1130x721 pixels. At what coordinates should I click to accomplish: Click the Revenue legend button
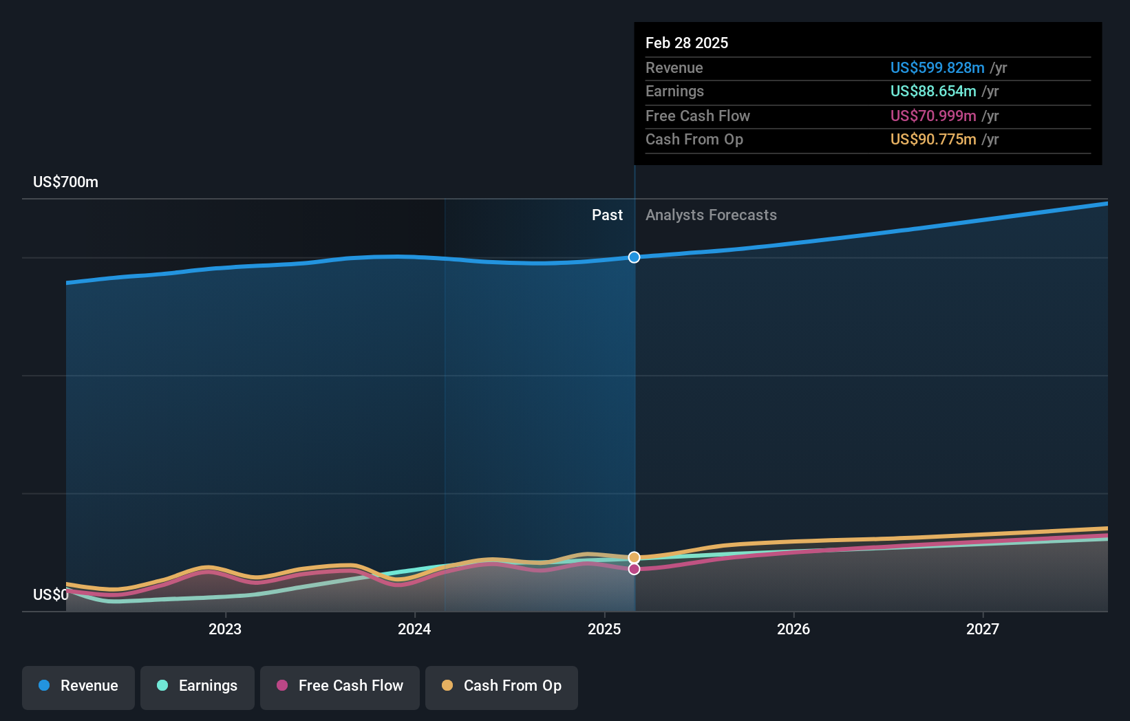78,687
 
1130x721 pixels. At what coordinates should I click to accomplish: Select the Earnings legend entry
198,687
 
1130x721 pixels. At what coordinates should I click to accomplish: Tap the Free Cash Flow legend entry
340,687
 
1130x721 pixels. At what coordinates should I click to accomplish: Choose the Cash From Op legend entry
502,687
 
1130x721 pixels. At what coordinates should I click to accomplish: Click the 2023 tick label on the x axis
225,629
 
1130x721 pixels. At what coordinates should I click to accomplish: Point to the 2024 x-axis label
414,629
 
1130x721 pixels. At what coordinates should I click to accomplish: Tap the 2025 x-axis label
604,629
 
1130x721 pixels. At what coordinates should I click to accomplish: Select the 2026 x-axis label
793,629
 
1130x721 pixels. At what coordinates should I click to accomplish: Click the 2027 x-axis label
983,629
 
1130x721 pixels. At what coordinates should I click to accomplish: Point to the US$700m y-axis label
66,182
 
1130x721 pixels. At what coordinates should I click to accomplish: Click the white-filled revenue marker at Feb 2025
634,257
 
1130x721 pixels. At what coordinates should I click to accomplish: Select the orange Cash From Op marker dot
634,557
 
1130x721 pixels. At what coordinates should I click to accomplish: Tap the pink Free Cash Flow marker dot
634,569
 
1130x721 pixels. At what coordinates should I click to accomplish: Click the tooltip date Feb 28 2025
687,43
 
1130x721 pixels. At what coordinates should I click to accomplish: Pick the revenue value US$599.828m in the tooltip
937,68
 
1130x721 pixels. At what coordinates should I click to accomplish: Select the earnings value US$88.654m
933,92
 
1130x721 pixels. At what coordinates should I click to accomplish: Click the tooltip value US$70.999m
933,116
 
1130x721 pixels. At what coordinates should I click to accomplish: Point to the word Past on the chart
607,215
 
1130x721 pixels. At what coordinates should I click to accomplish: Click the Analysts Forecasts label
711,215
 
